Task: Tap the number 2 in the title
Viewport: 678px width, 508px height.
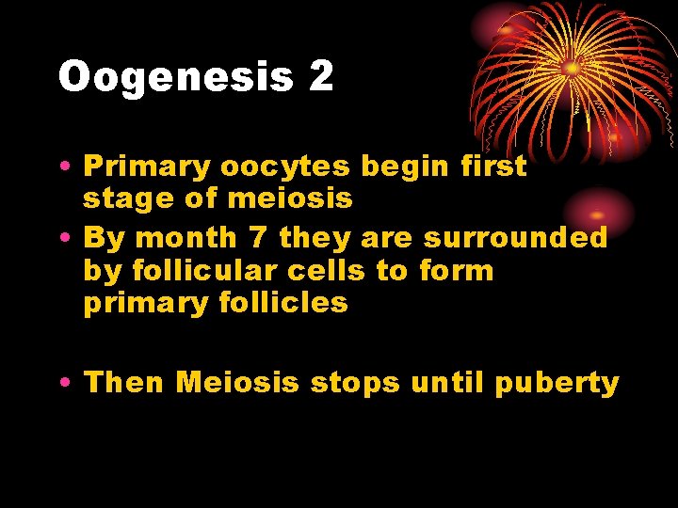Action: click(320, 76)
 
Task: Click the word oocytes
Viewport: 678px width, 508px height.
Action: click(286, 167)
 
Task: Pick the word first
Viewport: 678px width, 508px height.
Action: click(493, 166)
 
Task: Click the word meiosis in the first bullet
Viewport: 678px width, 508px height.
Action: click(303, 199)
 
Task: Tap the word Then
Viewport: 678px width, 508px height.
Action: click(124, 382)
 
